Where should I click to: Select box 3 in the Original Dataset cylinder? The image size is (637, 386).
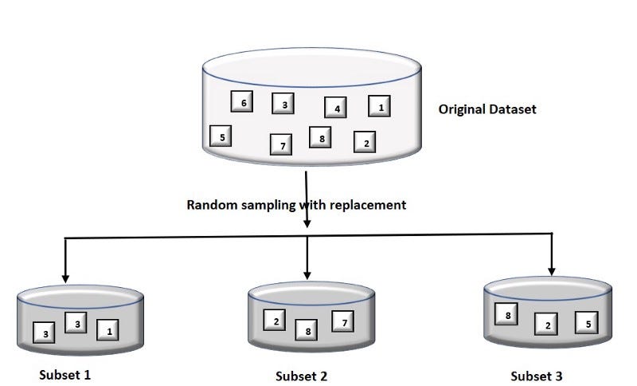[283, 104]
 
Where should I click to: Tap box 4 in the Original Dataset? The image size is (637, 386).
[336, 108]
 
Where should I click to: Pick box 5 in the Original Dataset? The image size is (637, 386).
[221, 137]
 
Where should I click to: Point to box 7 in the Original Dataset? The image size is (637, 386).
[280, 144]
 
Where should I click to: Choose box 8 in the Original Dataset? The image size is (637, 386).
[320, 139]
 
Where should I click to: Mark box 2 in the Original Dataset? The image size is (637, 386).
[365, 143]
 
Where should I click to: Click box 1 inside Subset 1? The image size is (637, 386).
[108, 329]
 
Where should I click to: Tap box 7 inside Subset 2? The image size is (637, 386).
[343, 321]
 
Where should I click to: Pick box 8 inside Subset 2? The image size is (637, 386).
[307, 330]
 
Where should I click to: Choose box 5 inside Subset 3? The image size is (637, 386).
[587, 323]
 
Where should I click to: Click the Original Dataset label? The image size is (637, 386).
[487, 109]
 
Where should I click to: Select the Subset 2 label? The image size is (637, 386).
[301, 376]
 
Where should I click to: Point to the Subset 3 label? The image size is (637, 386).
[537, 375]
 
